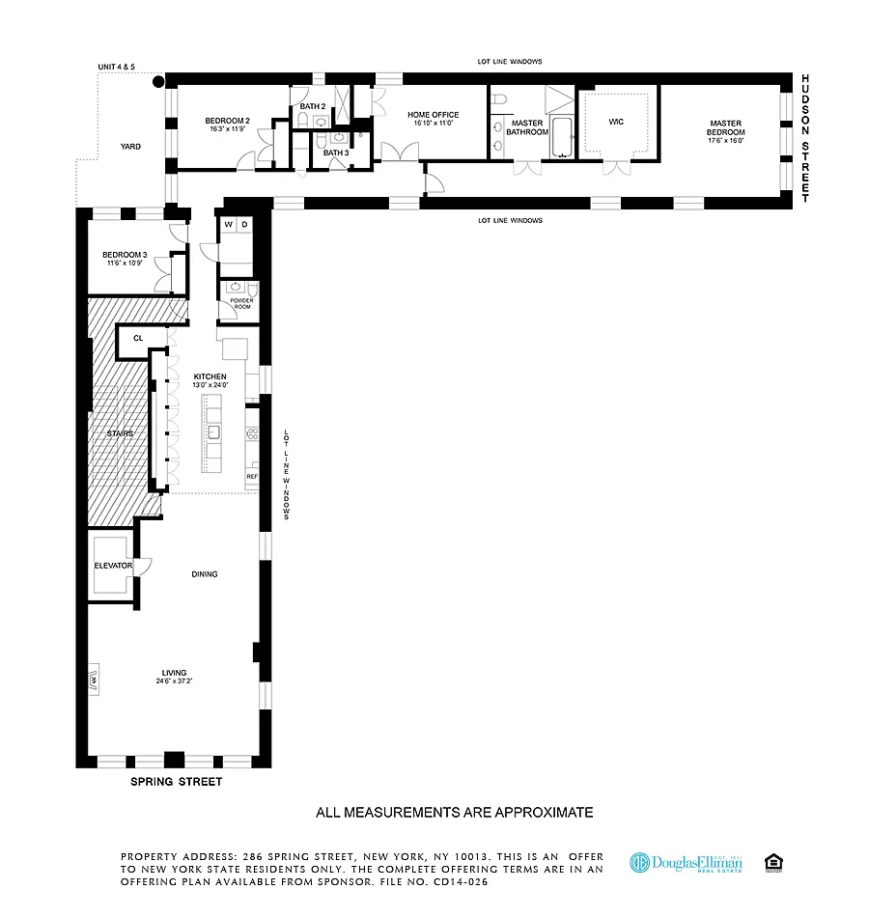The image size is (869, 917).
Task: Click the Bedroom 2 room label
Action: click(228, 121)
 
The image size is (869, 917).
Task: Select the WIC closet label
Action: click(616, 122)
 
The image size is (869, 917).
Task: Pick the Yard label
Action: click(130, 147)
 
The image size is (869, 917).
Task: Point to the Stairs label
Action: click(121, 433)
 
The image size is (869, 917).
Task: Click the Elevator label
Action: click(113, 565)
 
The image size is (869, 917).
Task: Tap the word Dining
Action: click(205, 574)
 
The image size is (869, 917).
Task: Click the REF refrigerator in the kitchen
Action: click(252, 477)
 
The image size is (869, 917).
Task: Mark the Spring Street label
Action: click(176, 782)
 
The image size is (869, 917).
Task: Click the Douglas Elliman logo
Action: click(686, 862)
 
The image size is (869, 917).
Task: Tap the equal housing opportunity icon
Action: click(772, 862)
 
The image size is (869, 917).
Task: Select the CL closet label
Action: click(138, 339)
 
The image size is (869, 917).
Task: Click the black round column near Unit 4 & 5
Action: click(157, 83)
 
